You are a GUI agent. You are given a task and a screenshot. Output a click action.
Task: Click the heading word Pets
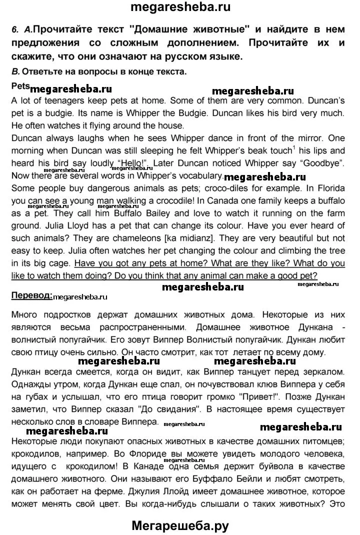tap(20, 85)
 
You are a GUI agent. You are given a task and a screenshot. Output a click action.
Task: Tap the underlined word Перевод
tap(31, 295)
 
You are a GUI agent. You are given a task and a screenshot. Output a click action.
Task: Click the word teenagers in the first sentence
tap(51, 99)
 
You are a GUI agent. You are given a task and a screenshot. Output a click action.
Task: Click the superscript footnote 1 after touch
tap(294, 147)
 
